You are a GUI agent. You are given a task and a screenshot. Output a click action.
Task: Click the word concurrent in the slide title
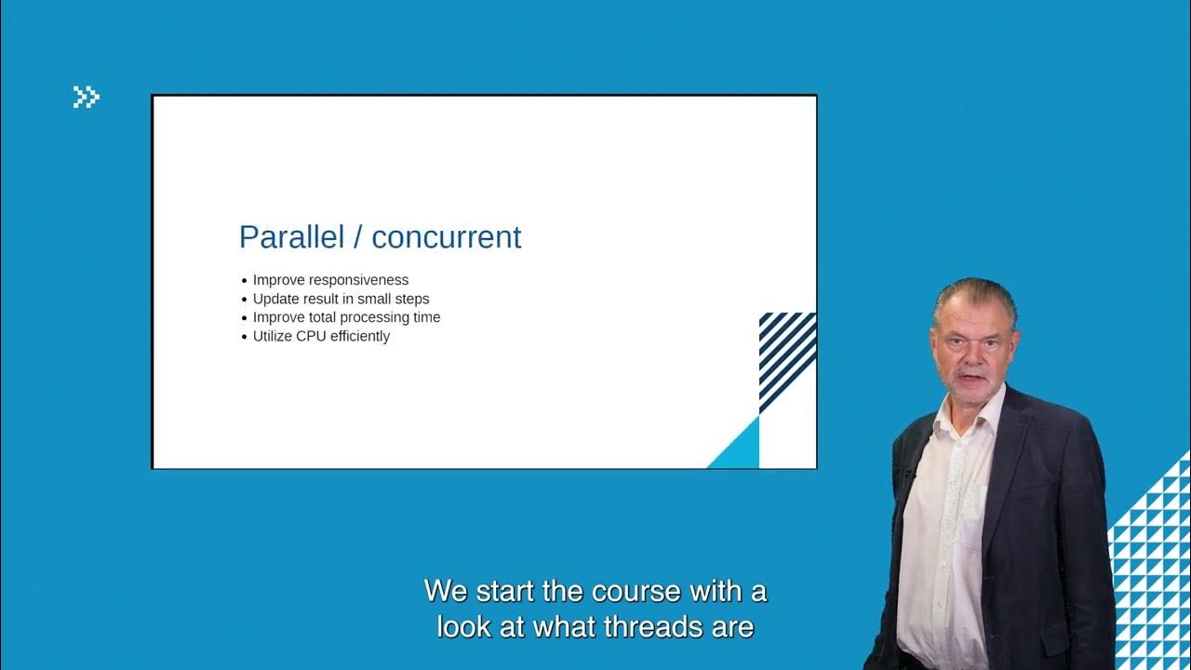tap(447, 237)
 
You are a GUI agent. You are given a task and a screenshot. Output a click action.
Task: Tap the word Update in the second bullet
tap(275, 299)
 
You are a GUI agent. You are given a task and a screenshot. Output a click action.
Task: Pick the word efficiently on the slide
tap(359, 336)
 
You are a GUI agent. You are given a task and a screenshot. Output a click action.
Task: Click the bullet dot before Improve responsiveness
tap(245, 281)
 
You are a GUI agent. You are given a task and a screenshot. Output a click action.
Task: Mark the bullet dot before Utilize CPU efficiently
tap(245, 337)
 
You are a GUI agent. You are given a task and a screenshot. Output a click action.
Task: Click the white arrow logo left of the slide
tap(86, 97)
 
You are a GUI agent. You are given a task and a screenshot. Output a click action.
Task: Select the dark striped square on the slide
tap(787, 358)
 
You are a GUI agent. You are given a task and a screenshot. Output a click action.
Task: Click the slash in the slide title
tap(356, 237)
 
